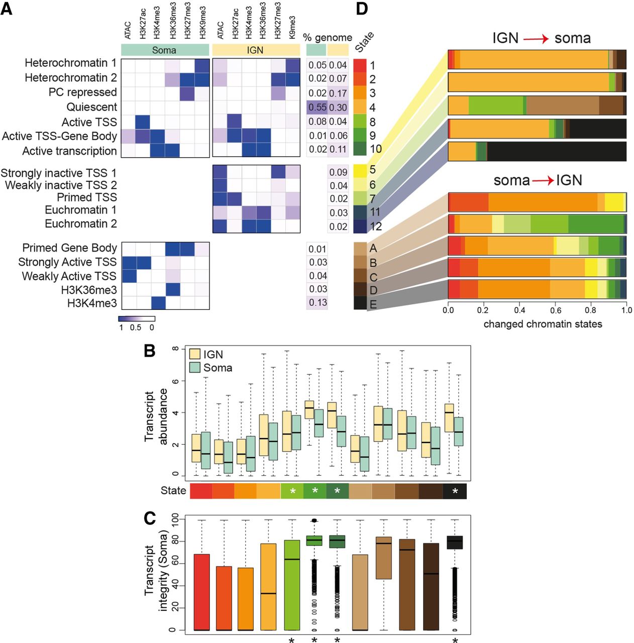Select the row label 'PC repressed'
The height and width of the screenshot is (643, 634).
click(x=82, y=92)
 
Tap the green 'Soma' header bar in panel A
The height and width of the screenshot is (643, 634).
click(x=165, y=50)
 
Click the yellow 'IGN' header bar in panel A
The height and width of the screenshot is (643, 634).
click(x=256, y=50)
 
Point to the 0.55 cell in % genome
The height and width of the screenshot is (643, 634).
click(x=316, y=107)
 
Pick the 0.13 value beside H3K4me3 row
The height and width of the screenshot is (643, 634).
click(x=318, y=302)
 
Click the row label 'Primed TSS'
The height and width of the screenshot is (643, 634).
click(x=86, y=197)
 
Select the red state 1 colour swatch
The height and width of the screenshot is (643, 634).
click(x=360, y=65)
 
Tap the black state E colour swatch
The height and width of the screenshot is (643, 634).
click(x=360, y=303)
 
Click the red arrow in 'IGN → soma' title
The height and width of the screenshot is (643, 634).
click(x=536, y=39)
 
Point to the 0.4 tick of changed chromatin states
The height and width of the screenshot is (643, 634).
click(x=519, y=310)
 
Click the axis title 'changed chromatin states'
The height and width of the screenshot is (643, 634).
click(x=543, y=324)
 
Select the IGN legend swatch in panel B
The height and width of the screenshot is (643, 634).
click(x=194, y=354)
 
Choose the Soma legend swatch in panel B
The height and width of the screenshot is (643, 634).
click(x=194, y=367)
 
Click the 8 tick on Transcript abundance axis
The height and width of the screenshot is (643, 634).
click(x=175, y=349)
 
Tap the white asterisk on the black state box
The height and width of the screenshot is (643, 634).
click(x=455, y=491)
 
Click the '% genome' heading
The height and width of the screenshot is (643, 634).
click(x=328, y=38)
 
